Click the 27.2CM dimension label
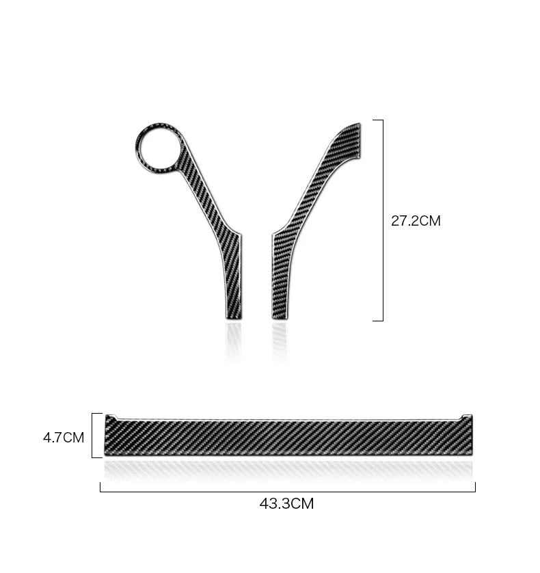[416, 221]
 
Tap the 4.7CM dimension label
[64, 438]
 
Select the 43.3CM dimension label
[287, 503]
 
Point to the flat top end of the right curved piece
[360, 141]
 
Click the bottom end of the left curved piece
[234, 318]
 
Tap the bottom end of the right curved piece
[280, 318]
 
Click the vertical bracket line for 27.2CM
[383, 220]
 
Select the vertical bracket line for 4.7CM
[92, 436]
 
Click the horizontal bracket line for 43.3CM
[288, 492]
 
